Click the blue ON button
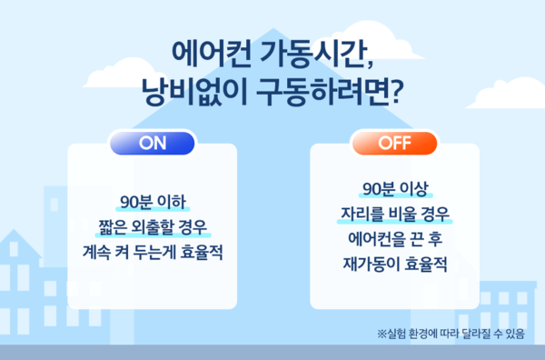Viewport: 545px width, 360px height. pyautogui.click(x=151, y=143)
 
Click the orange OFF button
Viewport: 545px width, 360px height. pyautogui.click(x=394, y=143)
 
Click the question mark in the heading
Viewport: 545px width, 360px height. pyautogui.click(x=396, y=92)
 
